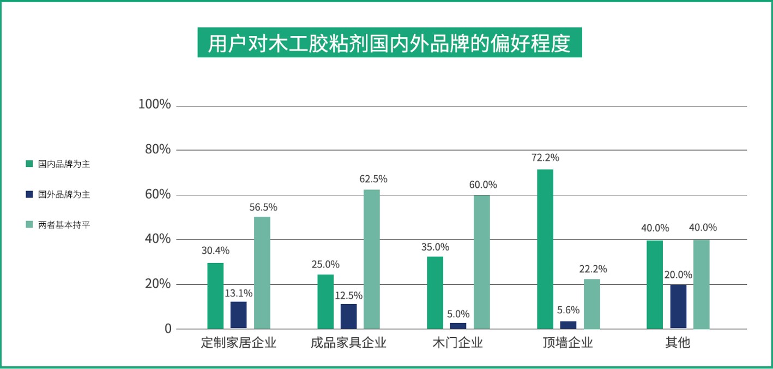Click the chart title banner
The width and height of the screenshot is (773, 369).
click(x=389, y=43)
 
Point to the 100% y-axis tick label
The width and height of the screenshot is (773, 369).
click(x=155, y=104)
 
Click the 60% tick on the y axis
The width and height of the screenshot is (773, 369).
click(x=158, y=194)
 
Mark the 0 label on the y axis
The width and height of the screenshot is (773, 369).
click(x=168, y=329)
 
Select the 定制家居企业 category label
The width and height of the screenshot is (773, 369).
click(x=238, y=343)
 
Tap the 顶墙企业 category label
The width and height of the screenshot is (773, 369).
click(x=567, y=343)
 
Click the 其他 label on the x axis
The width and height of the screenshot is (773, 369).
click(x=678, y=343)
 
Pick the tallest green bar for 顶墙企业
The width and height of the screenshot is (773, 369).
click(x=545, y=249)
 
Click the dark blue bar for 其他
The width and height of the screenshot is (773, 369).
click(x=678, y=306)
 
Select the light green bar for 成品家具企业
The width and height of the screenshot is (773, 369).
click(x=372, y=259)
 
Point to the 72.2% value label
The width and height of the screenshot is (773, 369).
click(x=545, y=158)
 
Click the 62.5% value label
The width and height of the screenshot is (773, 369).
click(x=373, y=178)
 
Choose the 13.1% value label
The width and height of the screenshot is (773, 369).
click(x=239, y=293)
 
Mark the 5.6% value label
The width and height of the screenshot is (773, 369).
click(x=568, y=310)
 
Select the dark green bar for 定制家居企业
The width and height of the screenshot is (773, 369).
click(x=215, y=296)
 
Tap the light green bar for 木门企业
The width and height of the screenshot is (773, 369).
click(x=482, y=262)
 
